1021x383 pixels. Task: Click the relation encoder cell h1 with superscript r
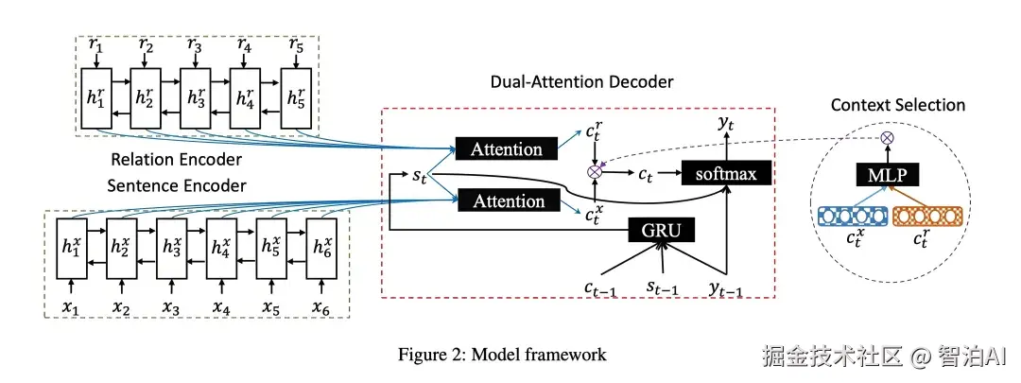coord(95,97)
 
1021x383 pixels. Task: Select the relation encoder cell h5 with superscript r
coord(296,97)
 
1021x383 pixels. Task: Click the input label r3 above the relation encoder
coord(195,45)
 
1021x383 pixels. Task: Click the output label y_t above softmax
coord(727,122)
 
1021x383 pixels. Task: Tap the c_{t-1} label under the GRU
coord(600,286)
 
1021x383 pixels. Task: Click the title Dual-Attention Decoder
coord(581,82)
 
